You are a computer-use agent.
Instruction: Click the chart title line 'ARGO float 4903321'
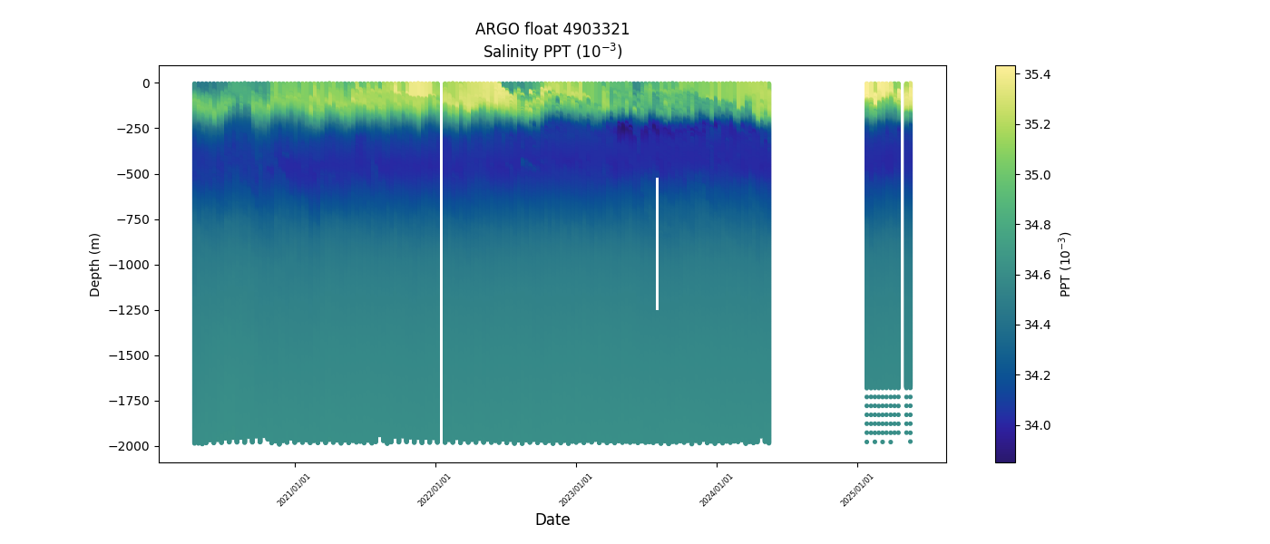point(552,29)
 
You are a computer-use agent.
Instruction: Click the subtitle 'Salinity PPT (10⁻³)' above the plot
point(552,51)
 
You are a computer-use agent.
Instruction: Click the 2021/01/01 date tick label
point(294,489)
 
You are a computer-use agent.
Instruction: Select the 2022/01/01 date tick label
point(435,489)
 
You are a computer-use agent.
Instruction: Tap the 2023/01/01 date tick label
point(575,489)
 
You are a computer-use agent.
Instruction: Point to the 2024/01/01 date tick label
point(717,489)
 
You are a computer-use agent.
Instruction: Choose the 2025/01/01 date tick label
point(857,489)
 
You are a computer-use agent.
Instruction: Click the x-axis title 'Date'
point(552,520)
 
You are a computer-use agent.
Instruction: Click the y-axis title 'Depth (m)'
point(95,264)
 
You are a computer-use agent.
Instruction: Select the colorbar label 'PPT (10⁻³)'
point(1066,264)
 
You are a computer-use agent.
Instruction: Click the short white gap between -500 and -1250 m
point(657,243)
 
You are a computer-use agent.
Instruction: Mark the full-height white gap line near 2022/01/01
point(441,263)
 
